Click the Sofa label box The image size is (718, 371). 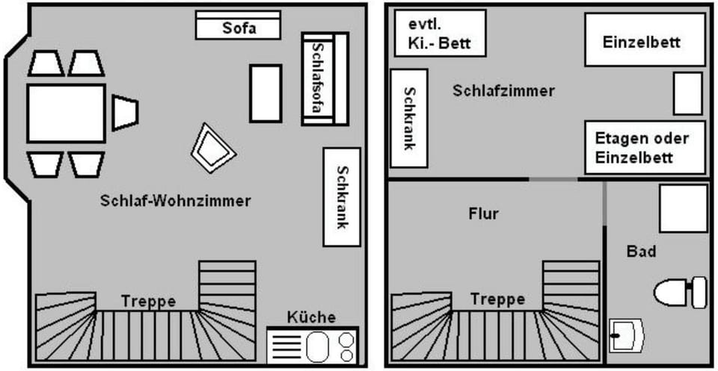click(x=238, y=28)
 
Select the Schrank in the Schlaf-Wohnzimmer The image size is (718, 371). click(x=342, y=196)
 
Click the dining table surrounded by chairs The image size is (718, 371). click(x=66, y=113)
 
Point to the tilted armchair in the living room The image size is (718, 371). click(x=213, y=148)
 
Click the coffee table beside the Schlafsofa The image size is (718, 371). click(x=265, y=93)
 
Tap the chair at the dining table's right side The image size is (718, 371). click(x=125, y=112)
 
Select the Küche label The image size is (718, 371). click(x=311, y=317)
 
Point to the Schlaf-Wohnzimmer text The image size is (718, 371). click(x=175, y=201)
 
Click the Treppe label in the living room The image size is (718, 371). click(x=147, y=302)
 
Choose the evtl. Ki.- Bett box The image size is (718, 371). click(x=439, y=33)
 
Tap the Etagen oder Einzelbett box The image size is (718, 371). click(x=644, y=147)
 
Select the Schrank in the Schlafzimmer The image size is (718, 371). click(x=409, y=118)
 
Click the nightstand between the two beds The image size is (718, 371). click(x=687, y=93)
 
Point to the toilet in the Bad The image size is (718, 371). click(x=681, y=291)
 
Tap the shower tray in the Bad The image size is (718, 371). click(x=682, y=207)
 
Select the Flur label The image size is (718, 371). click(x=483, y=214)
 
